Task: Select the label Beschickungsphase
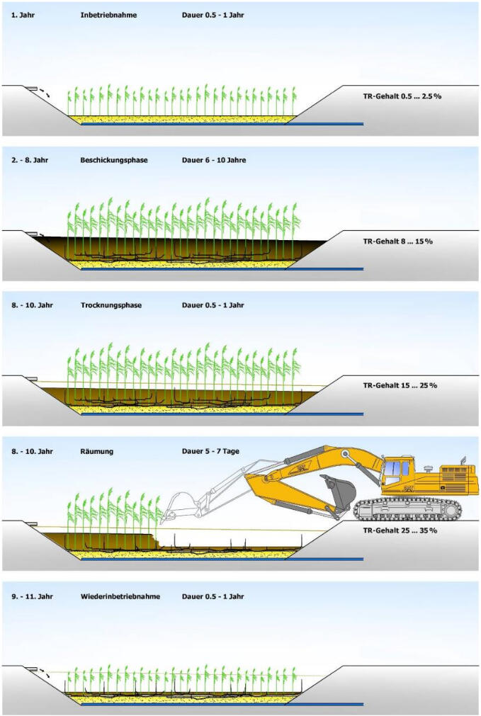(114, 160)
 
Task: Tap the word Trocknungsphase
(111, 305)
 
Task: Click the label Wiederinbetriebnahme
(120, 596)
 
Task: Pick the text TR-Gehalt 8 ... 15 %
(397, 241)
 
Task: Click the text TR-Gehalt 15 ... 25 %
(400, 385)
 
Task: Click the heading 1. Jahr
(23, 15)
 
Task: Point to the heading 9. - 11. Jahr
(32, 596)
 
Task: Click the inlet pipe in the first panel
(32, 89)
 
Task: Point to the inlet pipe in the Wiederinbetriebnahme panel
(32, 669)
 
